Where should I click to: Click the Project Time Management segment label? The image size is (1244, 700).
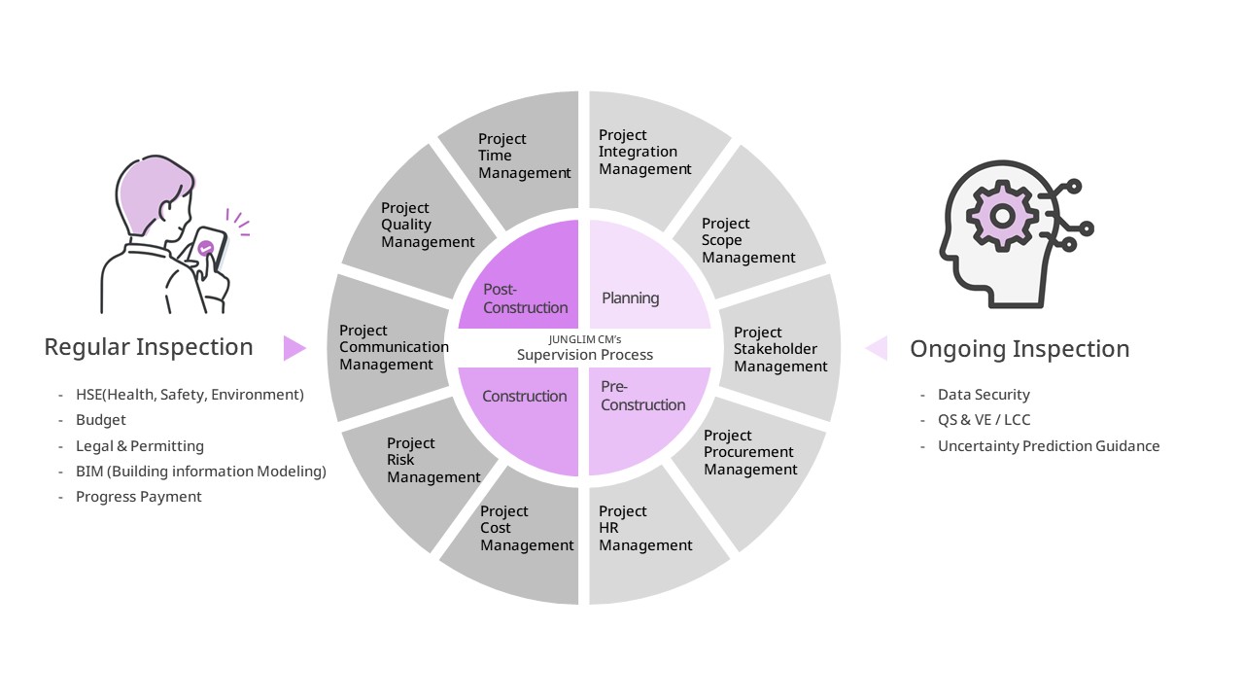(524, 156)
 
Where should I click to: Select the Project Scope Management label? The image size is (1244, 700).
(748, 240)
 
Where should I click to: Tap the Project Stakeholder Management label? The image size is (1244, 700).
(780, 349)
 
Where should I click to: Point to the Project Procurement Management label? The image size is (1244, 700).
(750, 452)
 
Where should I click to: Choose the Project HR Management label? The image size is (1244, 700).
(645, 528)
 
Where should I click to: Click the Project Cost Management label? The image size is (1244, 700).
(527, 528)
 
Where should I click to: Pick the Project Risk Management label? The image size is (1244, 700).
(433, 460)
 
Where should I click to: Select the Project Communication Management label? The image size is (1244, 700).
(394, 347)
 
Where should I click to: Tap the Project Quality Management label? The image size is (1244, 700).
(428, 225)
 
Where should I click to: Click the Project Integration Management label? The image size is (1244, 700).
(644, 152)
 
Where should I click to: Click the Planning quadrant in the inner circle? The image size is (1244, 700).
(631, 297)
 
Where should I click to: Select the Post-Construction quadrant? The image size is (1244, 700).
(525, 297)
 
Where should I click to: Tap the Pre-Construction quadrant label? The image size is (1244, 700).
(642, 396)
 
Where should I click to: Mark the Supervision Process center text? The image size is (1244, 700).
(584, 354)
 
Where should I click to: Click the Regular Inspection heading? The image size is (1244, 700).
(149, 347)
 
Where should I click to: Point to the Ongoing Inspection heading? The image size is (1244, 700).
(1019, 349)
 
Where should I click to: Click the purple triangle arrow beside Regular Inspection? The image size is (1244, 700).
(294, 348)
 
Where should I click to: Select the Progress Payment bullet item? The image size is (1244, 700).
(138, 497)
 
